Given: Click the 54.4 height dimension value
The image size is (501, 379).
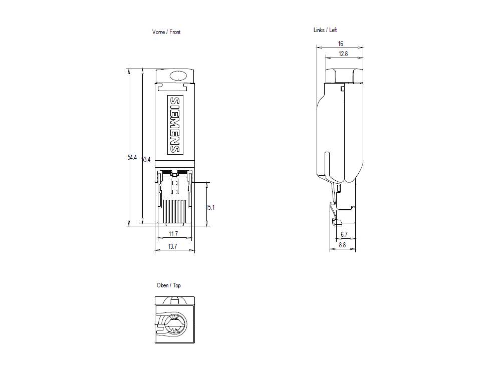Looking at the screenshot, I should pyautogui.click(x=132, y=158).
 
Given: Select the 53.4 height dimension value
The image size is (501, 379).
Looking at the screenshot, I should pyautogui.click(x=146, y=160).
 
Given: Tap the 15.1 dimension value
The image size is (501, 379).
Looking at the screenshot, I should pyautogui.click(x=210, y=207).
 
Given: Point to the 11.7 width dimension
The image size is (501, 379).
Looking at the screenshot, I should pyautogui.click(x=173, y=234).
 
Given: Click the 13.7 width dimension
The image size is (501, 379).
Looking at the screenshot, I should pyautogui.click(x=172, y=247).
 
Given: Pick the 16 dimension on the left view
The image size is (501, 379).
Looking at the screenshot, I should pyautogui.click(x=340, y=44).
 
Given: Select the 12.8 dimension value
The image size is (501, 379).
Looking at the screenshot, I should pyautogui.click(x=343, y=54).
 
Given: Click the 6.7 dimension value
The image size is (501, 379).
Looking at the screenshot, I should pyautogui.click(x=344, y=234).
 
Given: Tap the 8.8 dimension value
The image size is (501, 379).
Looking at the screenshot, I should pyautogui.click(x=342, y=245).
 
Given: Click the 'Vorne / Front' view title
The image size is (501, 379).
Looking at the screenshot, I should pyautogui.click(x=166, y=32).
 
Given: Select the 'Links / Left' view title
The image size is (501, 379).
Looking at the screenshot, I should pyautogui.click(x=325, y=30).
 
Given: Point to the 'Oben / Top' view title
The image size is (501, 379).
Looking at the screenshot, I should pyautogui.click(x=169, y=285).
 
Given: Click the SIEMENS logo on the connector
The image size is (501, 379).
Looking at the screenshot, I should pyautogui.click(x=174, y=125).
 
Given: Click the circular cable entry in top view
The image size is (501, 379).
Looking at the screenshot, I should pyautogui.click(x=175, y=326).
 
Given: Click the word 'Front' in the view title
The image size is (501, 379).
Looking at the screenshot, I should pyautogui.click(x=175, y=32).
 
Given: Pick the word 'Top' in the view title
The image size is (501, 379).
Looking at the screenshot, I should pyautogui.click(x=177, y=285).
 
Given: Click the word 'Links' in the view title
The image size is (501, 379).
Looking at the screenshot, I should pyautogui.click(x=319, y=30).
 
